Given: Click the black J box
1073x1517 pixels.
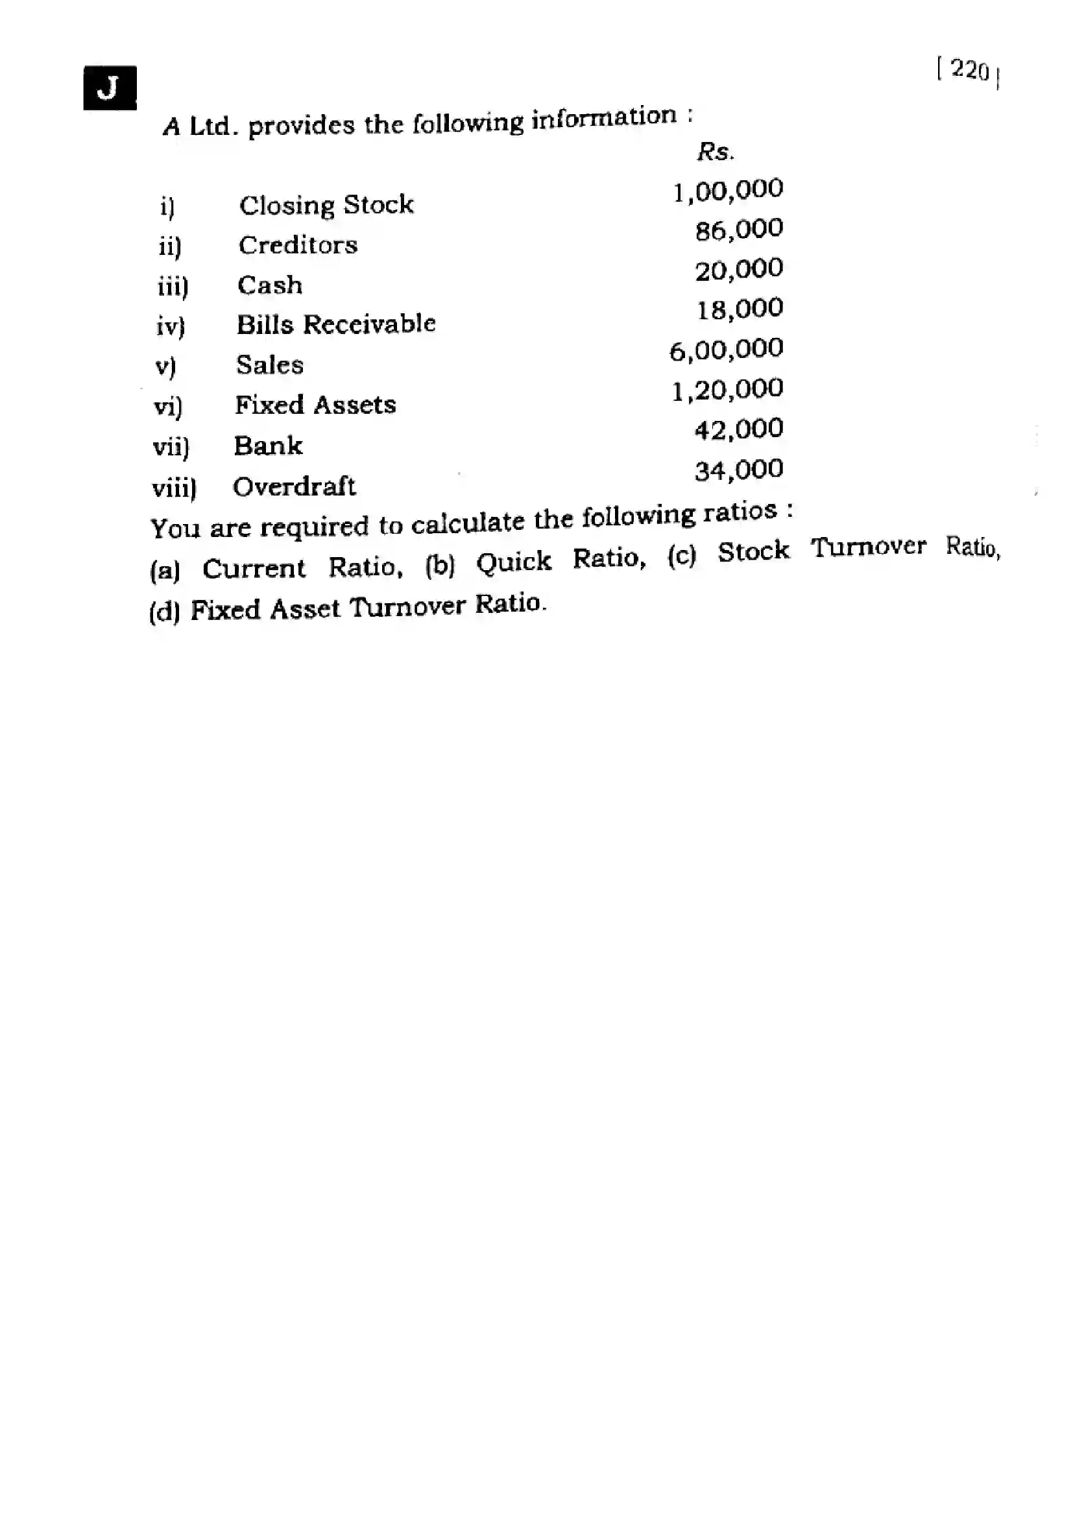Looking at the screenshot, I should pos(110,88).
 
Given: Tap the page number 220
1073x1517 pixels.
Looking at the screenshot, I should pos(969,70).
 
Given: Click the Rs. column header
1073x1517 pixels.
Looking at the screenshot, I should pos(715,152).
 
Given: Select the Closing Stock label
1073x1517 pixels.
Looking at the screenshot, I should pos(326,206).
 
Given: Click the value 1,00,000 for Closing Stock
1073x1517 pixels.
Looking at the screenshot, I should pos(728,191).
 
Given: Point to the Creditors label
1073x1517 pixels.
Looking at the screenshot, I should pos(298,245).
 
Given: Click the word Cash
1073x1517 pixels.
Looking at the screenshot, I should pos(270,285).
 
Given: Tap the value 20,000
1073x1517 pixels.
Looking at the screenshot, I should pos(739,270).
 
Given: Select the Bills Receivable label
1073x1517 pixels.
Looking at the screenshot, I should pos(335,324).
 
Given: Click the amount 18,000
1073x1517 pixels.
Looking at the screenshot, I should pos(740,309).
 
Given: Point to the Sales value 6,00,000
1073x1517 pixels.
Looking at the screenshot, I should pos(726,350).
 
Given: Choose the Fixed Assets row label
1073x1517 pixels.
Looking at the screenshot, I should pos(315,405).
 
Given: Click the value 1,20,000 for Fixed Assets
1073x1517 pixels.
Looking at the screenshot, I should pos(727,390).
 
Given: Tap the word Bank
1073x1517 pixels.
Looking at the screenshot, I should pos(267,446).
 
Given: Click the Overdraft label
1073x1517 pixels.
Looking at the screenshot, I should pos(294,487).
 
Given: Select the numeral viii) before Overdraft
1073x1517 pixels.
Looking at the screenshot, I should pos(174,489).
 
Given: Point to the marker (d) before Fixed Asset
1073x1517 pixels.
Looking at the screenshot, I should pos(164,611).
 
